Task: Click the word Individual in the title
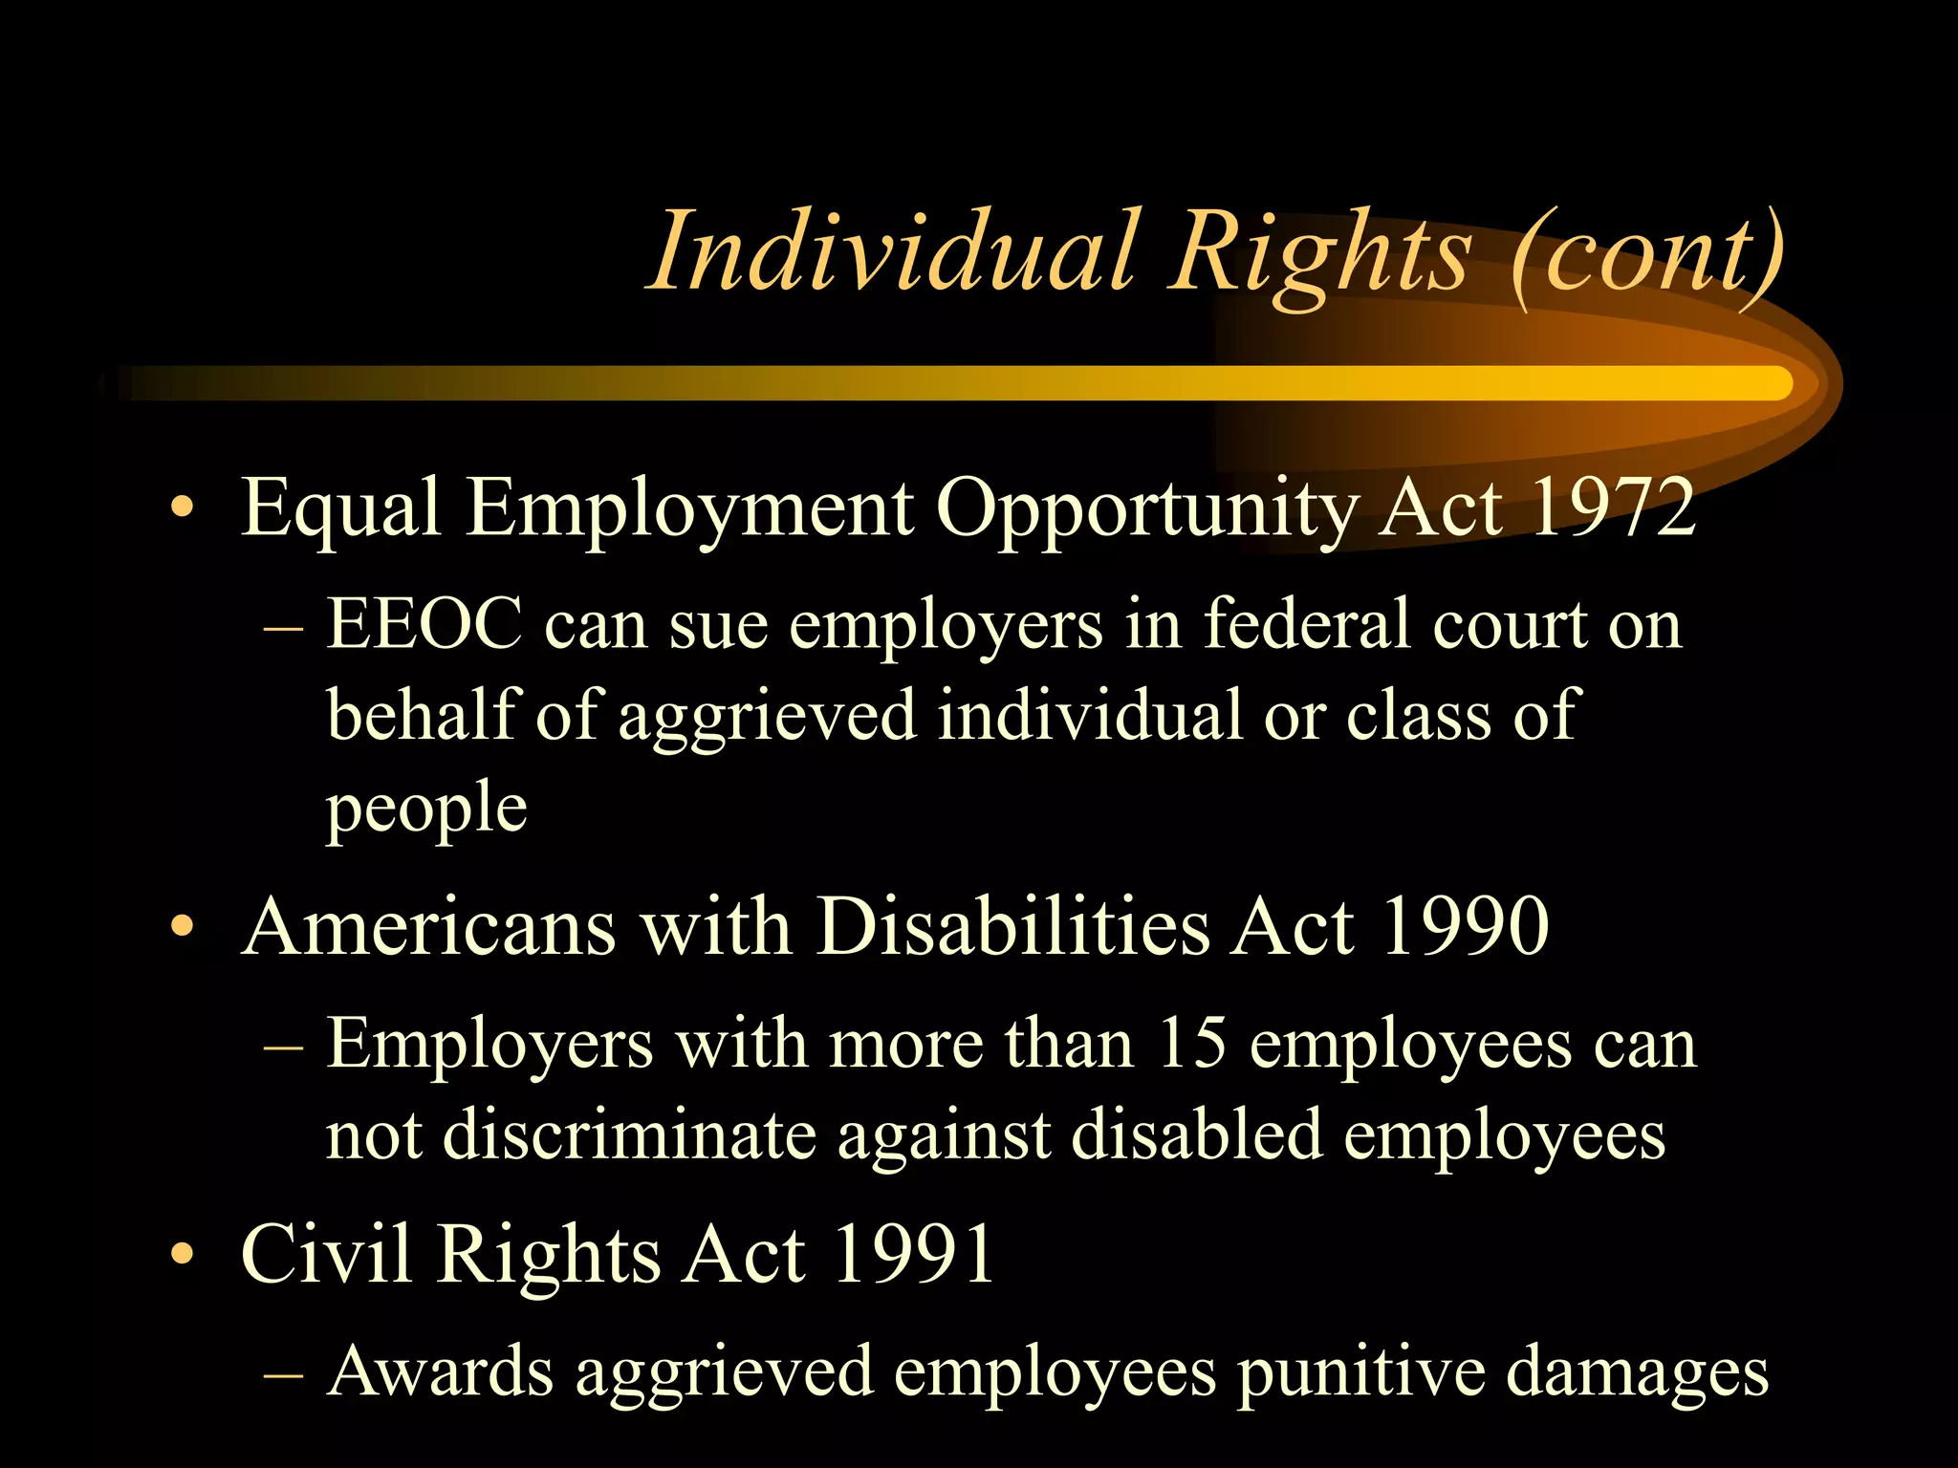tap(895, 250)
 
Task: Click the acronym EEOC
tap(424, 624)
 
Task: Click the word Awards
tap(440, 1372)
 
